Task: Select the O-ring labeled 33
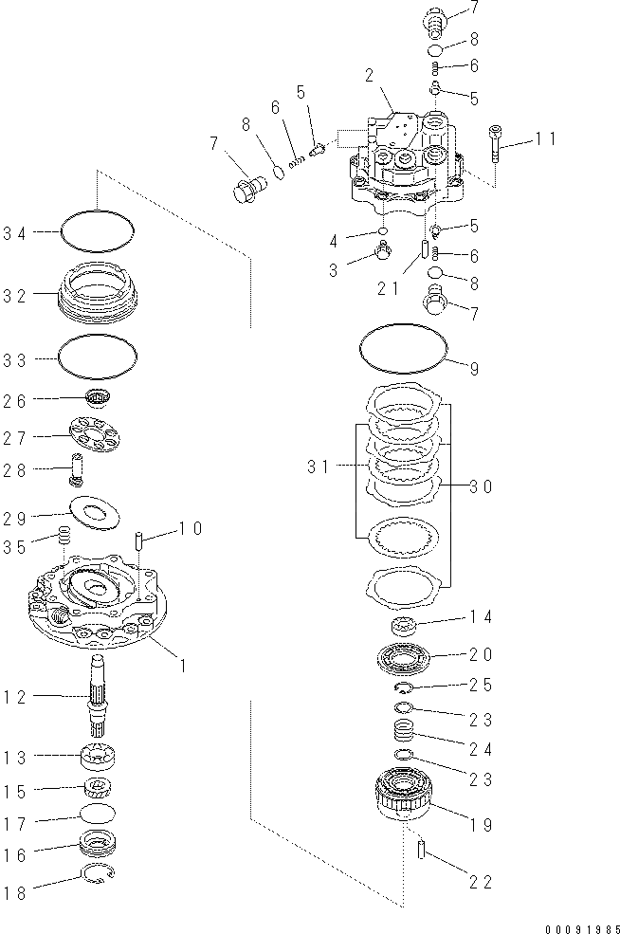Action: [x=96, y=358]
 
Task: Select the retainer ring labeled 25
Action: [x=404, y=687]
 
